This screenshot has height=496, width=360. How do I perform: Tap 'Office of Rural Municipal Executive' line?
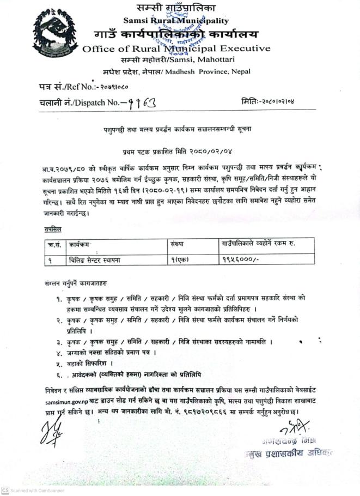(x=176, y=49)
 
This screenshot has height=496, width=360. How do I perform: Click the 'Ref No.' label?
(x=82, y=86)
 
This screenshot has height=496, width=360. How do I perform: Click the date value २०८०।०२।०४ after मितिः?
(x=278, y=101)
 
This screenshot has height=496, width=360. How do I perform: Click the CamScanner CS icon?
(x=5, y=490)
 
